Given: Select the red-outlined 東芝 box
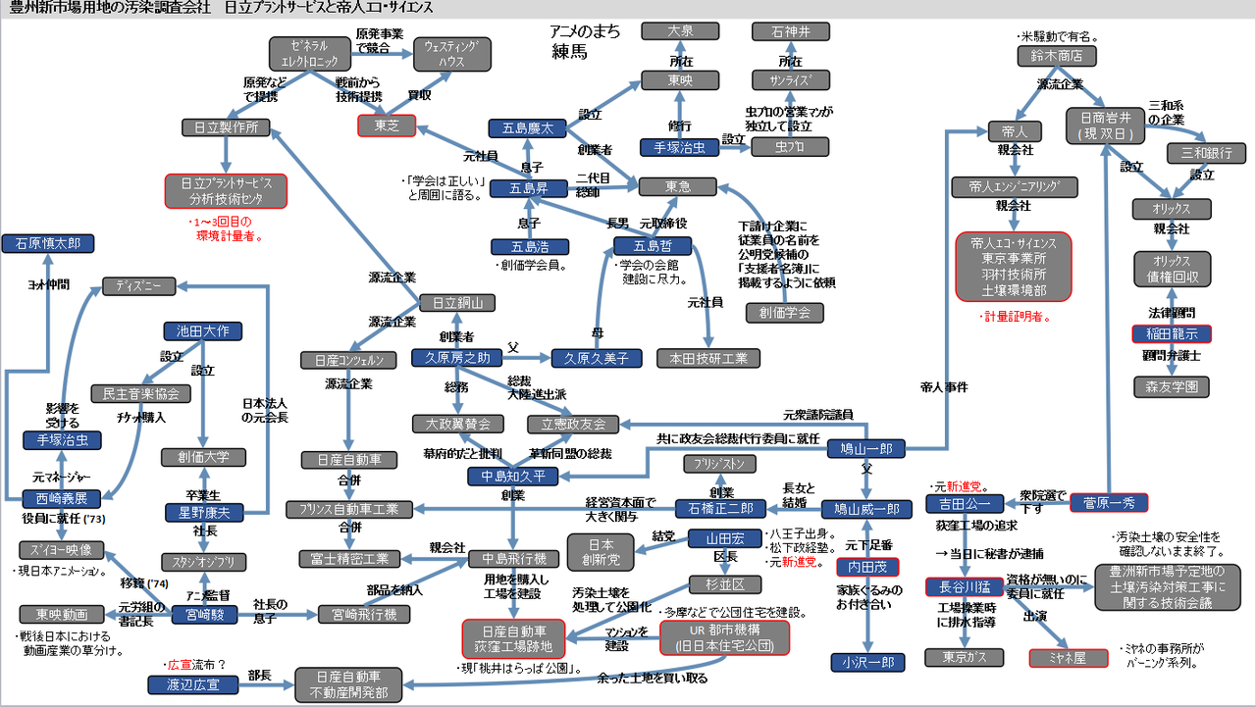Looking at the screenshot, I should [x=387, y=126].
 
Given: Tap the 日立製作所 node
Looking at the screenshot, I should [x=227, y=126].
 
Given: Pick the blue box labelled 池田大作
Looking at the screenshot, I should [x=202, y=331].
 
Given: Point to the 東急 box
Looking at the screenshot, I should [x=678, y=185].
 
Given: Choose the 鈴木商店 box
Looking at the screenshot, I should [x=1057, y=56].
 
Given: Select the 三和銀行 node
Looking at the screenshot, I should [x=1206, y=153].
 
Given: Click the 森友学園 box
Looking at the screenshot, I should [x=1172, y=386].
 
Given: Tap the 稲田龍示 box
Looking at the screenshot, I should [x=1172, y=333].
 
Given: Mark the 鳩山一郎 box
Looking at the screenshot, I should [x=866, y=449].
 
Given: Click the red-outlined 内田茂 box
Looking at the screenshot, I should [x=866, y=567].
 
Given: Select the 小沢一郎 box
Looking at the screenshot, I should [x=866, y=662].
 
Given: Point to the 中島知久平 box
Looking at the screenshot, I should [x=512, y=477].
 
